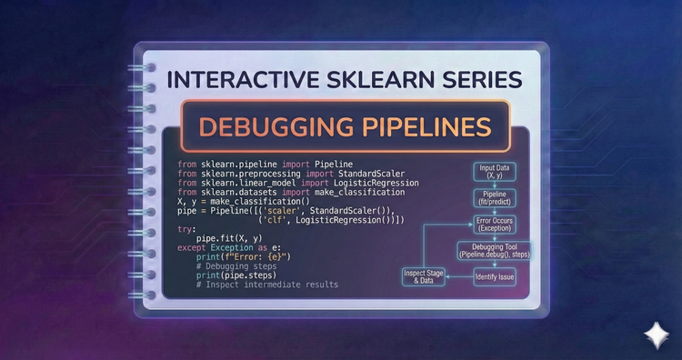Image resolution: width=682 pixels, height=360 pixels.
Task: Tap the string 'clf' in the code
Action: (276, 219)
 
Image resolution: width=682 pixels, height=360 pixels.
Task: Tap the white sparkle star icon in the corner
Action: (655, 335)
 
